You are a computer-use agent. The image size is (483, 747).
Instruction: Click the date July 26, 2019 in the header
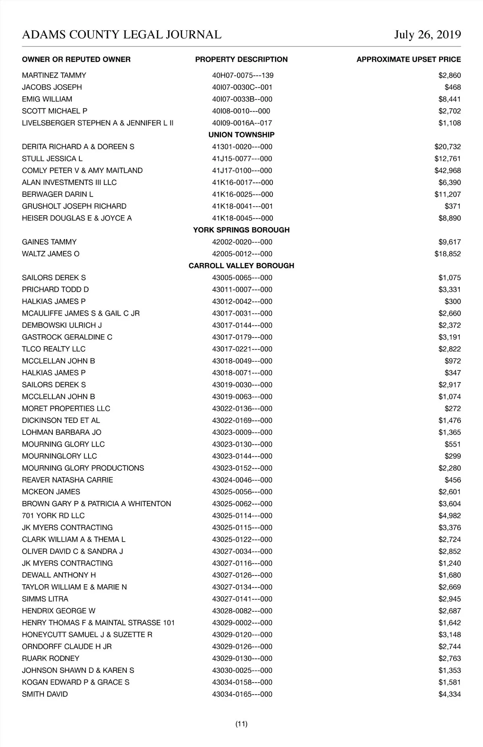click(427, 35)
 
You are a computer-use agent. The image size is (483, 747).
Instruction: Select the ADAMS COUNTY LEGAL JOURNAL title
click(122, 35)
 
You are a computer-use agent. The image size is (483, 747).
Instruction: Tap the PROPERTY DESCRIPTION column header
click(241, 60)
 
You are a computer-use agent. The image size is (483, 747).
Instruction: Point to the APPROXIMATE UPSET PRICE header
click(409, 60)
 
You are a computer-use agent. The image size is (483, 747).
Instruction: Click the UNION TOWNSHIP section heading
click(241, 135)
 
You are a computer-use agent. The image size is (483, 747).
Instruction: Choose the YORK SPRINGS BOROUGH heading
click(241, 230)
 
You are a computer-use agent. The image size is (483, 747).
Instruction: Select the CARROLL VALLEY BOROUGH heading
click(241, 266)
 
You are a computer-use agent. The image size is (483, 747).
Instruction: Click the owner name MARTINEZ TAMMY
click(54, 75)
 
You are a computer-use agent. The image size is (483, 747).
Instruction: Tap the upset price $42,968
click(448, 171)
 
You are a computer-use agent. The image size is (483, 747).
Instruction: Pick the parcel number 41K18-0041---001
click(242, 206)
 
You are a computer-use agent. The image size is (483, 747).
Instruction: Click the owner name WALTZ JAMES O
click(51, 254)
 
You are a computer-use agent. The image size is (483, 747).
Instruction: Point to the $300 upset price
click(453, 302)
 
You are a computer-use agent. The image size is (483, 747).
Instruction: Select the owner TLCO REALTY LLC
click(54, 349)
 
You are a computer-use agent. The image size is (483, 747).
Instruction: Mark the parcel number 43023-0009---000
click(242, 432)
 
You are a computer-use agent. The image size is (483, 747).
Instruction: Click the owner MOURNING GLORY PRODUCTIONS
click(83, 468)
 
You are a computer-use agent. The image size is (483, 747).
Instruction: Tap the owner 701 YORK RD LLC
click(53, 516)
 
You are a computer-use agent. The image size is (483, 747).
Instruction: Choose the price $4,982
click(450, 516)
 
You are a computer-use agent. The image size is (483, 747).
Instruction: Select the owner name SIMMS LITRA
click(45, 599)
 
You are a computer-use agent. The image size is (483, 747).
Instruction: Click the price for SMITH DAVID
click(450, 694)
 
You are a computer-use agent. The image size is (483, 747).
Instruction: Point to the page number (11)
click(241, 724)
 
